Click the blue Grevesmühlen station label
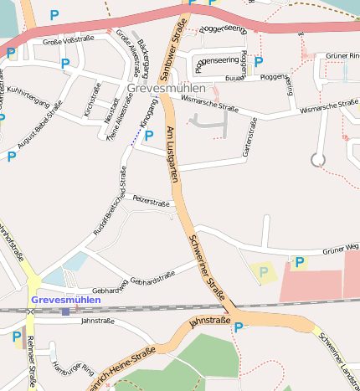pyautogui.click(x=65, y=299)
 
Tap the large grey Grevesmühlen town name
pyautogui.click(x=166, y=88)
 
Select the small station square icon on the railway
pyautogui.click(x=65, y=311)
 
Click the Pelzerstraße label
pyautogui.click(x=152, y=203)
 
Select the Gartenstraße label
pyautogui.click(x=247, y=138)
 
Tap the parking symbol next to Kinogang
pyautogui.click(x=149, y=136)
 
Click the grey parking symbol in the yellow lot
pyautogui.click(x=265, y=272)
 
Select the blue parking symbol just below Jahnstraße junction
pyautogui.click(x=239, y=327)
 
